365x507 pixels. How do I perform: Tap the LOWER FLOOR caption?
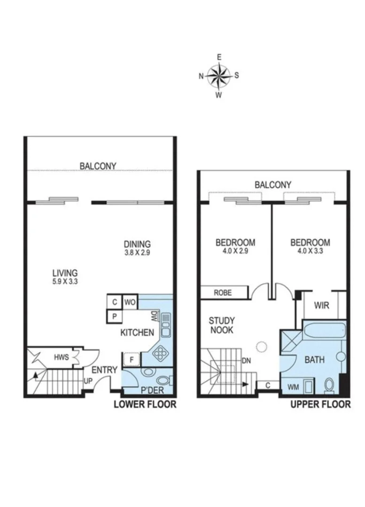145,404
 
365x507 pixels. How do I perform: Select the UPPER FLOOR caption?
320,404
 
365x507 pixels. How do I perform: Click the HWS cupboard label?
62,357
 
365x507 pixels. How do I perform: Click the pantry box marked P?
114,316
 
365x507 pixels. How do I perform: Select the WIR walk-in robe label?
322,306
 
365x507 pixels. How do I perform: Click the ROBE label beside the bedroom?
223,292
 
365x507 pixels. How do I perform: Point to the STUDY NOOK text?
222,325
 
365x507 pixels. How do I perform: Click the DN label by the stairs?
246,361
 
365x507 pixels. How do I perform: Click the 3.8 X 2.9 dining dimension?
137,252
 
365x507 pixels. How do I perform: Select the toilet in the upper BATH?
330,385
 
